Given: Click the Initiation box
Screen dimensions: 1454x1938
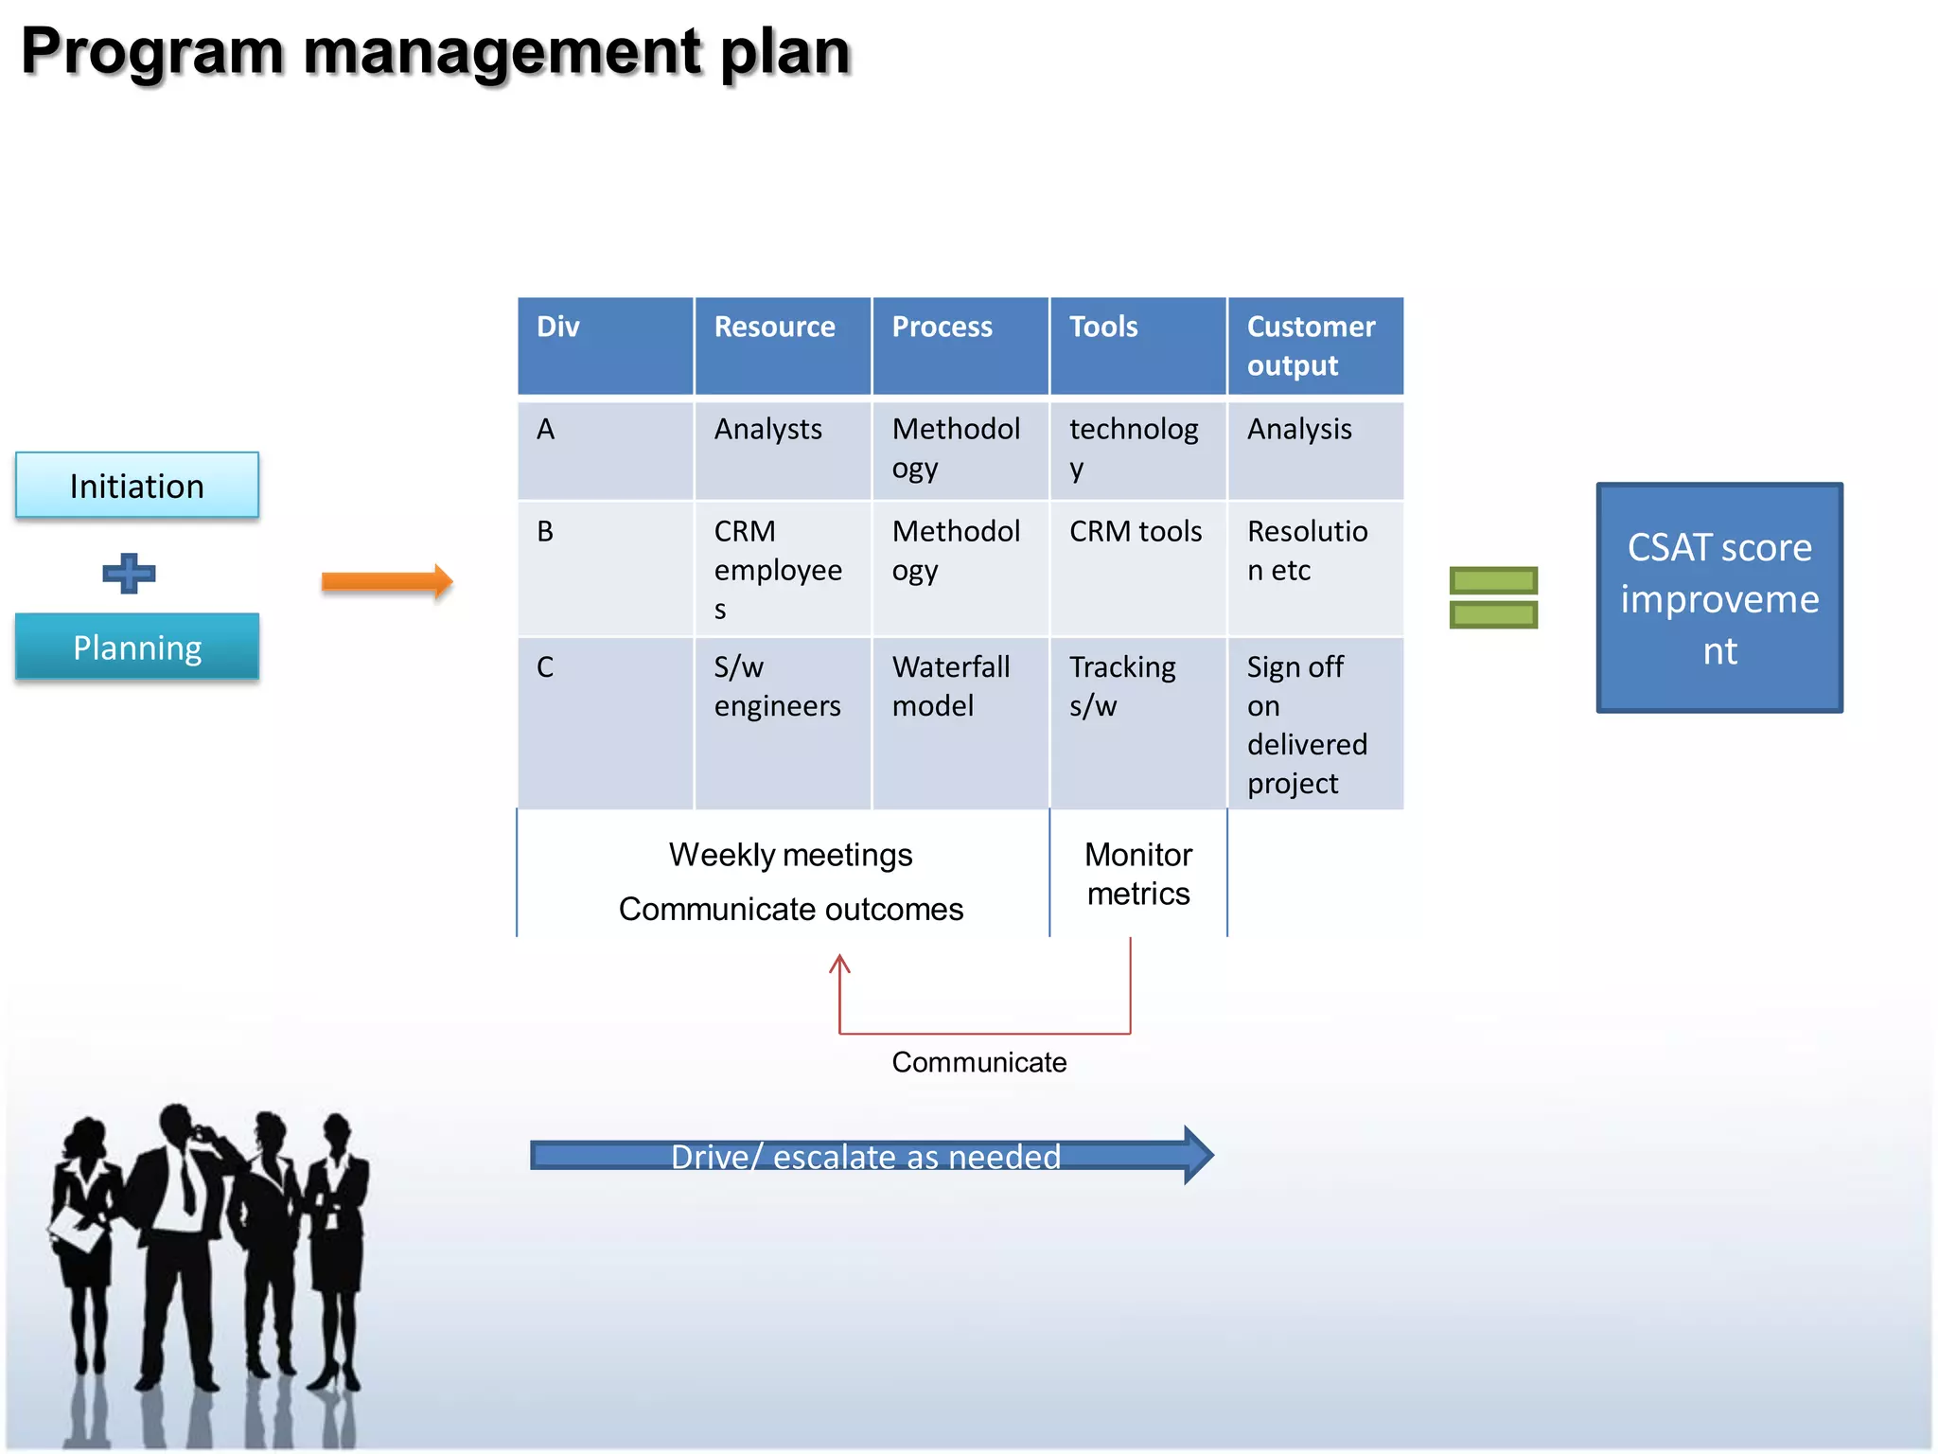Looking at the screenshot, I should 137,486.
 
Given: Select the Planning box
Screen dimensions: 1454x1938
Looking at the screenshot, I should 137,647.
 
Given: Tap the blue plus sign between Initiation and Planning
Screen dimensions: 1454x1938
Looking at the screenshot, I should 129,574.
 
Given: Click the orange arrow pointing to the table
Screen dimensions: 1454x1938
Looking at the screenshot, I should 386,581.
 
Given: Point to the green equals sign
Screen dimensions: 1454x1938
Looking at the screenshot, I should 1493,597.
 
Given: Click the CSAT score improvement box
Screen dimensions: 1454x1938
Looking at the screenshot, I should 1718,598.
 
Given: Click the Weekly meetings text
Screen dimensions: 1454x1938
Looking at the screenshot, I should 790,855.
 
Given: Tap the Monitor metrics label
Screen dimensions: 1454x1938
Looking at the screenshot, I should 1137,874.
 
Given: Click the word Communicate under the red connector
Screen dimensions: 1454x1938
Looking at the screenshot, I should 978,1062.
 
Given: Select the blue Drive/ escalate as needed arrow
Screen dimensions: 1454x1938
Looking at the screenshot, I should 866,1156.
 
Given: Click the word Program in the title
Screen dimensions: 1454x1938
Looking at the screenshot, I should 151,52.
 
